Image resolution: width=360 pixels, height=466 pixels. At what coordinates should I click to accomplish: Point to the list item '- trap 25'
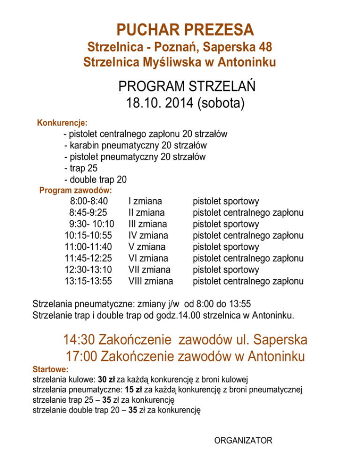click(81, 168)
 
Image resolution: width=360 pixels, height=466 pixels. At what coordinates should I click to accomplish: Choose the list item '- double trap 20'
click(95, 179)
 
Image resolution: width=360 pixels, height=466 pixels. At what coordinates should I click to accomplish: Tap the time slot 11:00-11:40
click(89, 247)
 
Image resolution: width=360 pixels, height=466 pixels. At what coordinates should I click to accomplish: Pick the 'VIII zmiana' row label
click(150, 281)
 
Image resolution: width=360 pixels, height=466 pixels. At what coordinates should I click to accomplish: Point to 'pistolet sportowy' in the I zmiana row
click(226, 202)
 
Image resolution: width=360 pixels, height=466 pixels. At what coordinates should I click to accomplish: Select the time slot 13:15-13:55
click(89, 281)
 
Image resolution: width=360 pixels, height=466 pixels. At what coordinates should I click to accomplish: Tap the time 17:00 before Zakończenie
click(80, 357)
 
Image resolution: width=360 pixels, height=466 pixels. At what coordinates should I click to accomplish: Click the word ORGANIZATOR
click(243, 440)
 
